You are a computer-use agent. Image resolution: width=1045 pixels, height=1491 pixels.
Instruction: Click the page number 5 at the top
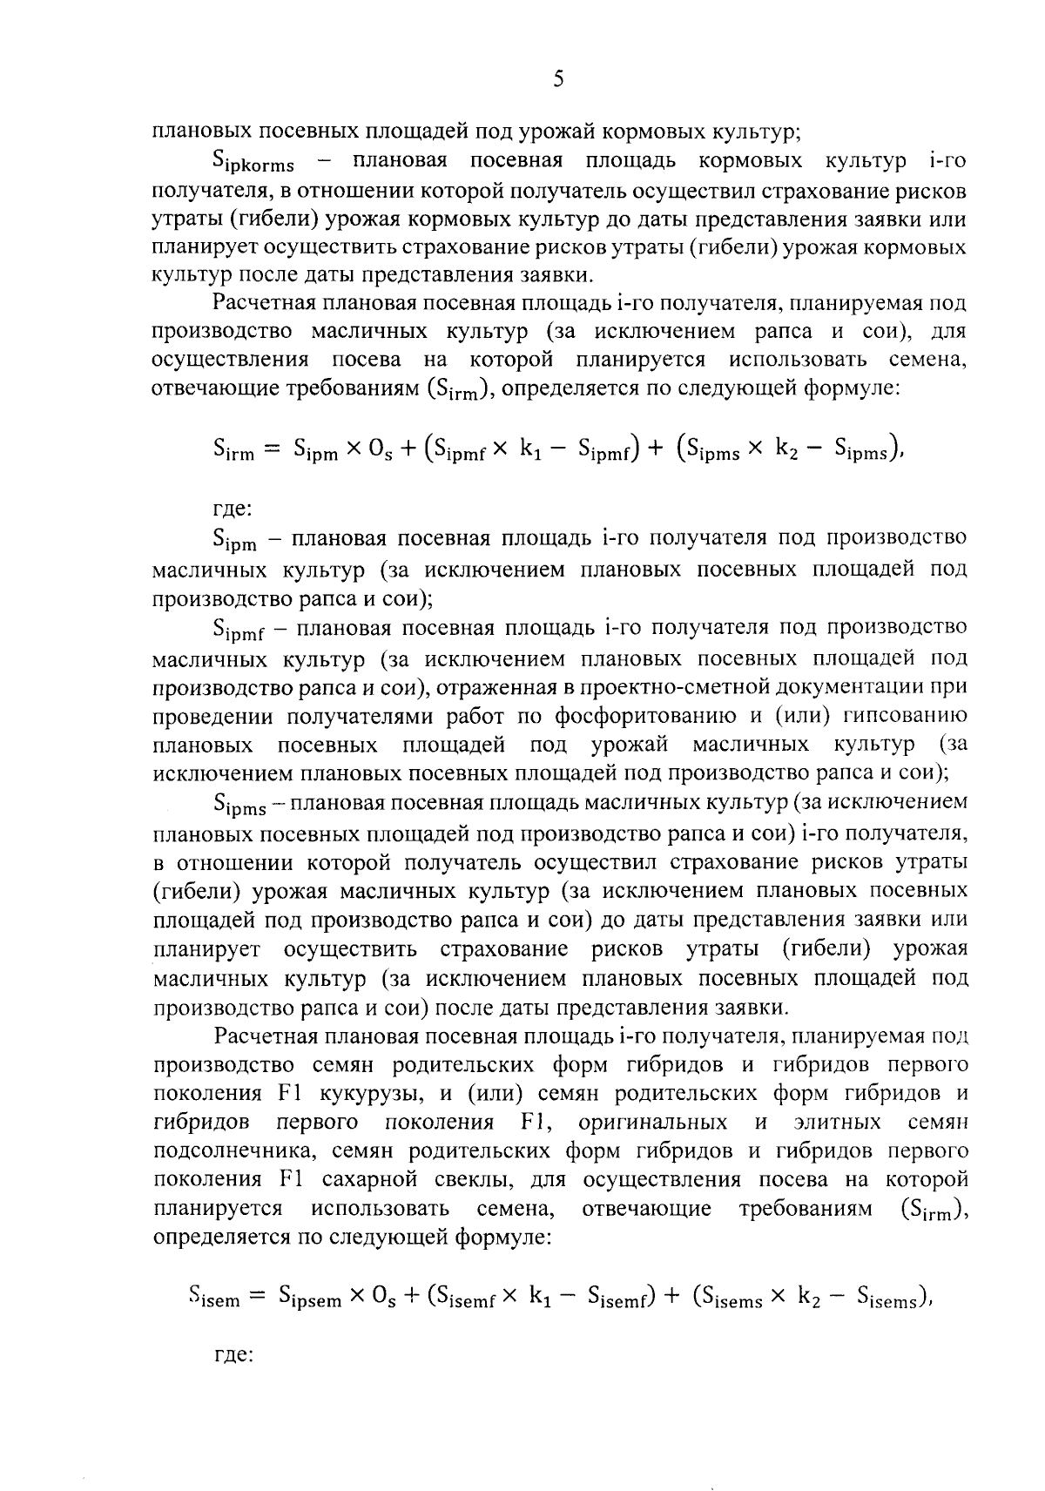(x=558, y=80)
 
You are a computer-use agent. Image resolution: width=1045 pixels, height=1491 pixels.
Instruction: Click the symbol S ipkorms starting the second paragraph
(x=253, y=164)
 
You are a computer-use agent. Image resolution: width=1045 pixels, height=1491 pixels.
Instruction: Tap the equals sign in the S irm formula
(x=273, y=449)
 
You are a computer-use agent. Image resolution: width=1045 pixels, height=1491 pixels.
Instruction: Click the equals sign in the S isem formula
(x=257, y=1298)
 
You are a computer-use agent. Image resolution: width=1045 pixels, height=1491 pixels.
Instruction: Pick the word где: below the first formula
(x=233, y=508)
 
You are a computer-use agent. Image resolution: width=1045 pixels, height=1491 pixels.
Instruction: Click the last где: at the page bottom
(x=233, y=1356)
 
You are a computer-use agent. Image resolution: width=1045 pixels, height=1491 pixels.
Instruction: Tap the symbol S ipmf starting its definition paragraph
(x=245, y=630)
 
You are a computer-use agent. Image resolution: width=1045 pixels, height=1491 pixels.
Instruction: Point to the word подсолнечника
(x=226, y=1150)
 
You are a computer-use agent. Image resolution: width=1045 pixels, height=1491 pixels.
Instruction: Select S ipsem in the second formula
(x=309, y=1298)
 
